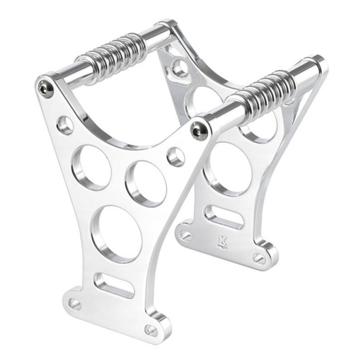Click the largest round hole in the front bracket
tap(117, 234)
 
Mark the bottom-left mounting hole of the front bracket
tap(74, 304)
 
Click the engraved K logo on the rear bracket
tap(222, 241)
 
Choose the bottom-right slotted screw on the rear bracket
tap(259, 258)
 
